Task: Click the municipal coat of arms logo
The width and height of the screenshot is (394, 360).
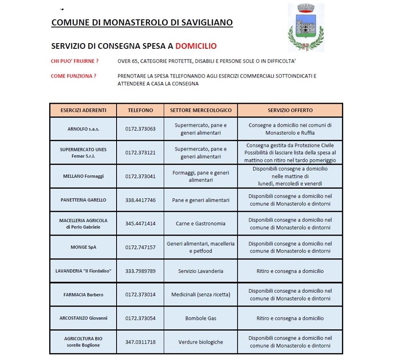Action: (x=305, y=28)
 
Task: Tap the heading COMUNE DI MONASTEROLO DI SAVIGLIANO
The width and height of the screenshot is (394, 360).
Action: (x=142, y=22)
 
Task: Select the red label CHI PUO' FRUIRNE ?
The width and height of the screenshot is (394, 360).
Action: (x=75, y=61)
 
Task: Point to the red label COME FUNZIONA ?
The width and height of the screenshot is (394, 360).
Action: (x=73, y=76)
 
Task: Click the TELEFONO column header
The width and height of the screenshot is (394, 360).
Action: (x=140, y=110)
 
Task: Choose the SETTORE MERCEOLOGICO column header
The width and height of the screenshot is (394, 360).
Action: (x=201, y=110)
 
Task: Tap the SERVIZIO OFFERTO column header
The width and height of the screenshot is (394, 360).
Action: (x=290, y=110)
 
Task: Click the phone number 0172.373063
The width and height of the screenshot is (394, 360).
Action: (x=140, y=129)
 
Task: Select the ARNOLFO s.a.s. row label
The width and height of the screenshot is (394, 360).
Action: (x=83, y=129)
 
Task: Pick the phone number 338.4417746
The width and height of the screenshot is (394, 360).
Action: (x=140, y=200)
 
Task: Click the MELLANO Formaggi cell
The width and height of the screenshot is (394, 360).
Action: (x=83, y=176)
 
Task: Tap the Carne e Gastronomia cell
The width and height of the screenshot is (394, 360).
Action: (x=201, y=224)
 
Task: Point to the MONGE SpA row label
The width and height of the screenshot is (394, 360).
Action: (x=83, y=247)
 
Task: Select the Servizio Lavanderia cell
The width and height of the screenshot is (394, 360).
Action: (x=201, y=271)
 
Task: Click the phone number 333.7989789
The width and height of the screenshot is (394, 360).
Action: (x=140, y=271)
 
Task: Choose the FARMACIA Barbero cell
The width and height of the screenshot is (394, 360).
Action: (x=83, y=295)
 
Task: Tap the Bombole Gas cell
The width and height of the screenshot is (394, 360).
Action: (x=201, y=318)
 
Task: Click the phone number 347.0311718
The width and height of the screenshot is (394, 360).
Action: (x=140, y=342)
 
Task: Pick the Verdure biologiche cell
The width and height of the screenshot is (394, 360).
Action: (x=201, y=342)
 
